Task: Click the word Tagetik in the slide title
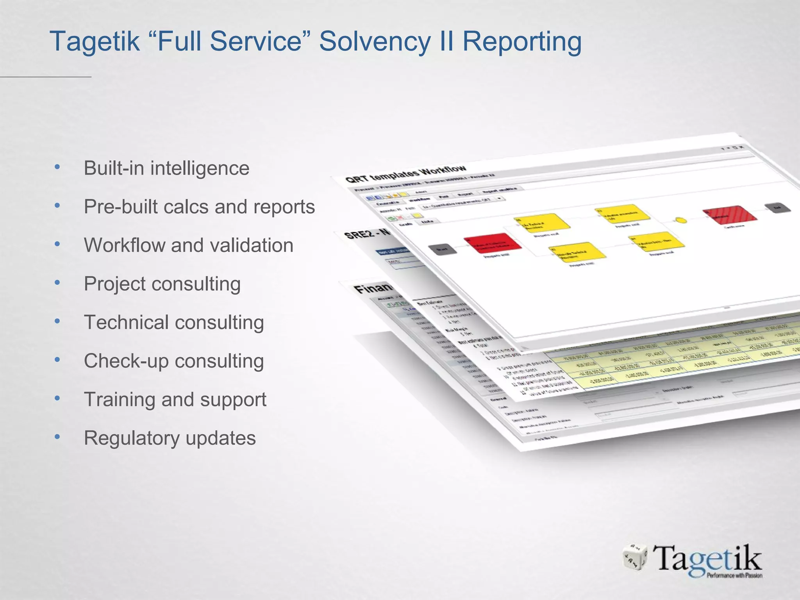coord(95,41)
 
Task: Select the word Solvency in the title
coord(375,41)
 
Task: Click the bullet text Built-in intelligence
coord(166,168)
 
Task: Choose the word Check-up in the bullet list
coord(126,361)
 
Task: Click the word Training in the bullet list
coord(119,400)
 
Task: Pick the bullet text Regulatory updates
coord(170,438)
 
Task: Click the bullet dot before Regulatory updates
coord(57,437)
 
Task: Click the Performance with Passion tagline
coord(734,575)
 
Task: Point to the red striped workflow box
coord(730,214)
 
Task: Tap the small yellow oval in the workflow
coord(681,220)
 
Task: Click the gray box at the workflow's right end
coord(778,208)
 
